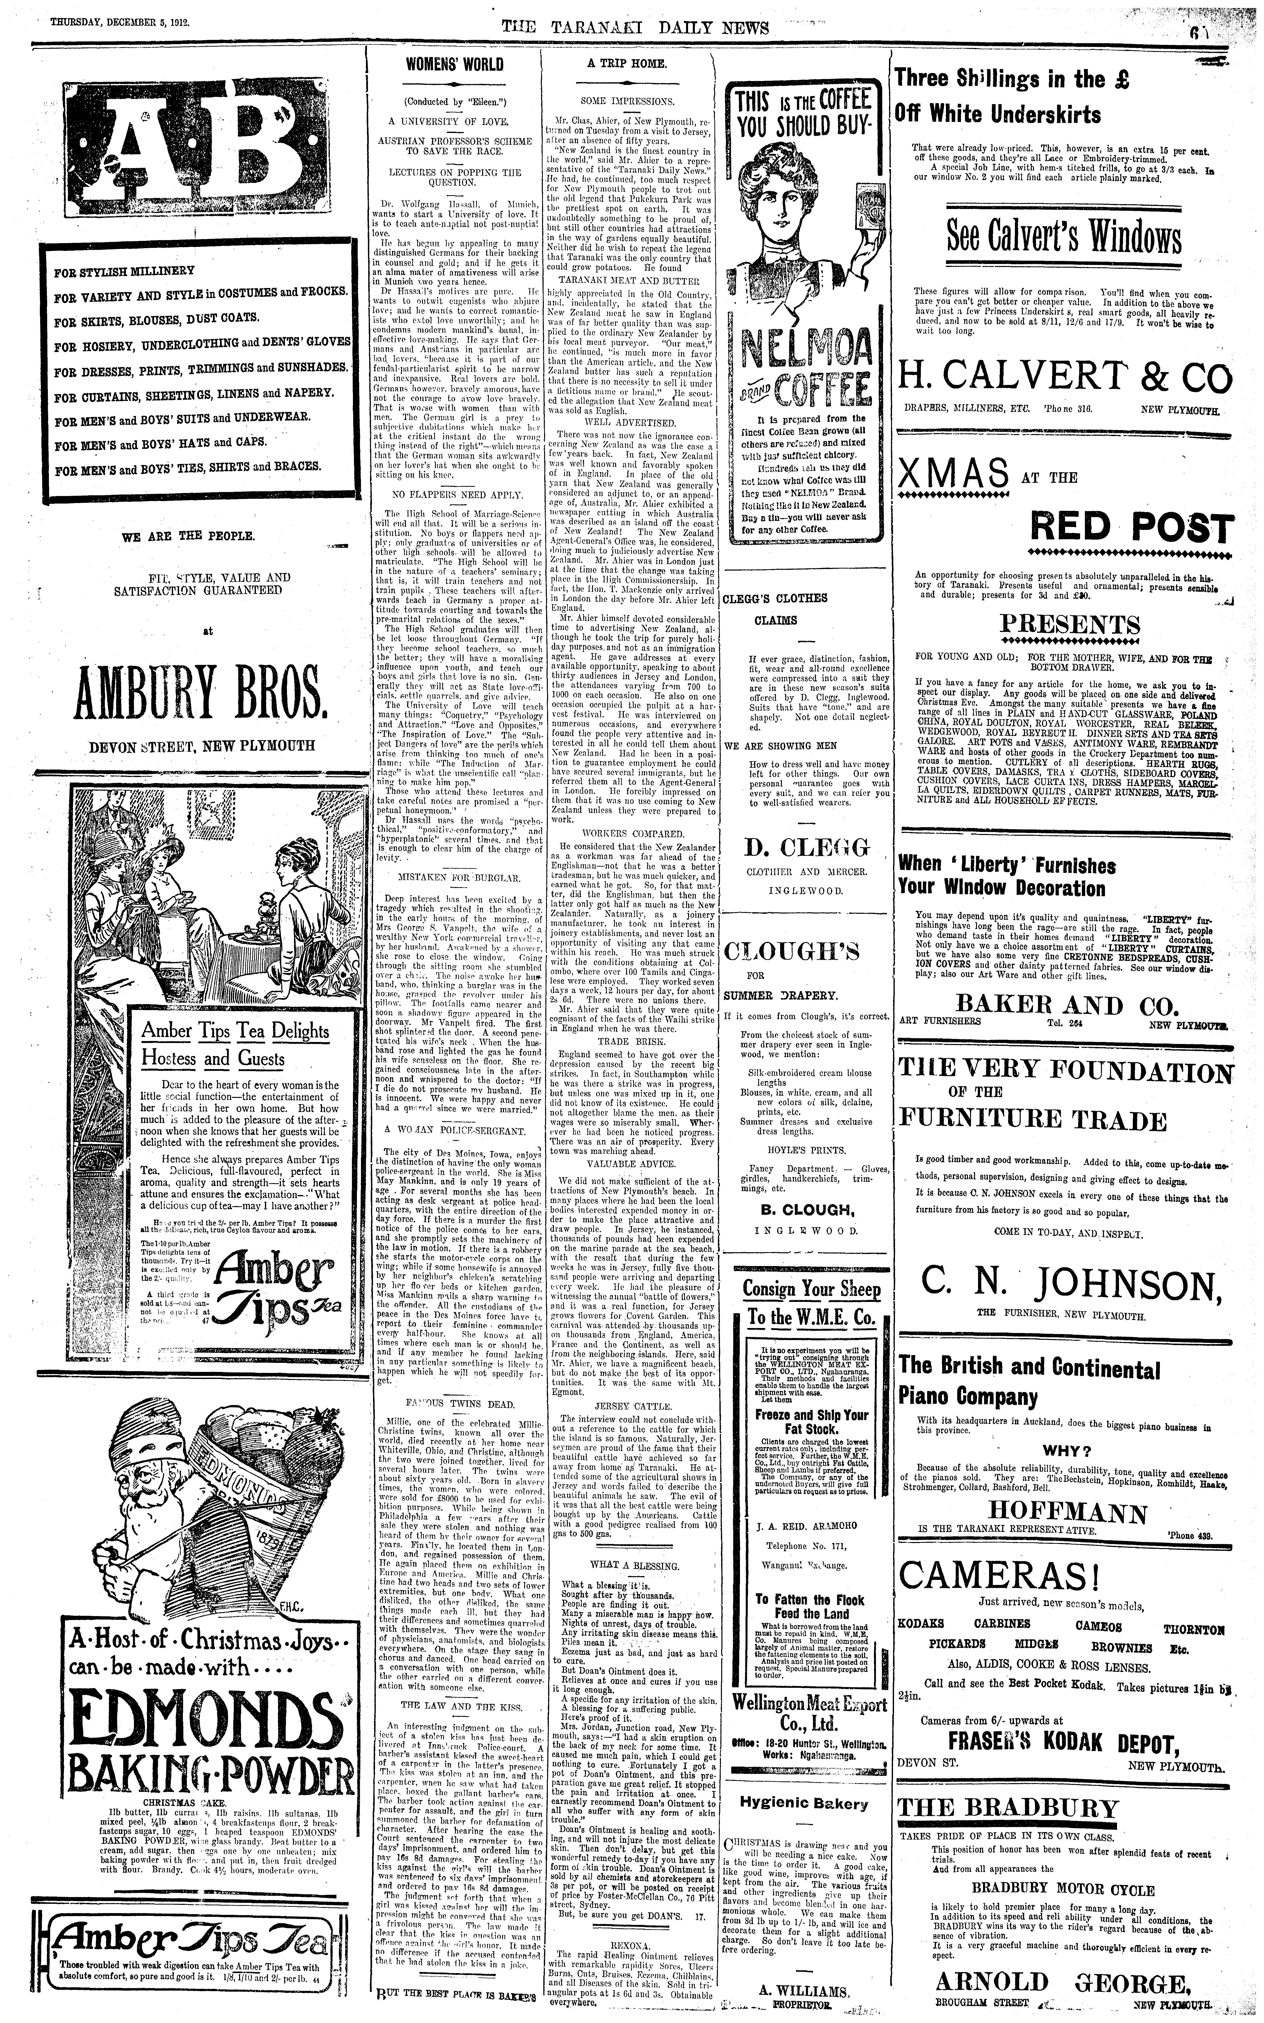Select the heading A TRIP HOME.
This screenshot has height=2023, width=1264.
[626, 63]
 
